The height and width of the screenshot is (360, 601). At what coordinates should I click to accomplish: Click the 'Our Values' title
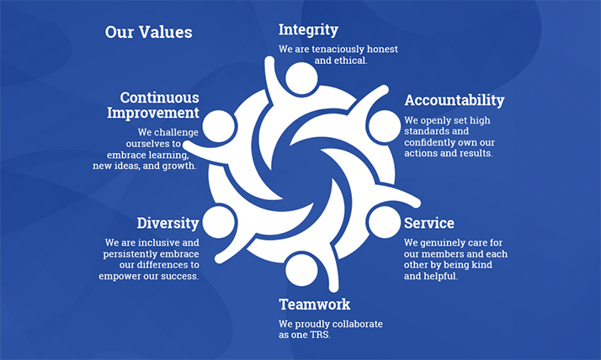pyautogui.click(x=148, y=33)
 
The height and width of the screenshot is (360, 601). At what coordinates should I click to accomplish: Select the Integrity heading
pyautogui.click(x=308, y=29)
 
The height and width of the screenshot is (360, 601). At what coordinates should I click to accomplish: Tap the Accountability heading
pyautogui.click(x=454, y=100)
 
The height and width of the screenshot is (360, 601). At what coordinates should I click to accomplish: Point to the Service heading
pyautogui.click(x=428, y=223)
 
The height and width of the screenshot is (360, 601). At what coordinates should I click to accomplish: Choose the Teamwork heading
pyautogui.click(x=314, y=304)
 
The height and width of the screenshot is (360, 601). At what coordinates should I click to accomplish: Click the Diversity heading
pyautogui.click(x=168, y=223)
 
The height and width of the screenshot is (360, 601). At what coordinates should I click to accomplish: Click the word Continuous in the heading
pyautogui.click(x=159, y=97)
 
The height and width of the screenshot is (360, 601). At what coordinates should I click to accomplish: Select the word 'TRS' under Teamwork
pyautogui.click(x=321, y=335)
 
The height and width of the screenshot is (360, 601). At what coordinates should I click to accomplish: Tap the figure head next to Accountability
pyautogui.click(x=384, y=125)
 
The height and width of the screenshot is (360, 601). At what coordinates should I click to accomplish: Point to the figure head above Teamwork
pyautogui.click(x=300, y=269)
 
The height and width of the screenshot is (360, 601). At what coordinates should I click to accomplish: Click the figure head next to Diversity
pyautogui.click(x=218, y=222)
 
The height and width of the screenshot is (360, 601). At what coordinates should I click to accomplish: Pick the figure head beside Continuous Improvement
pyautogui.click(x=218, y=125)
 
